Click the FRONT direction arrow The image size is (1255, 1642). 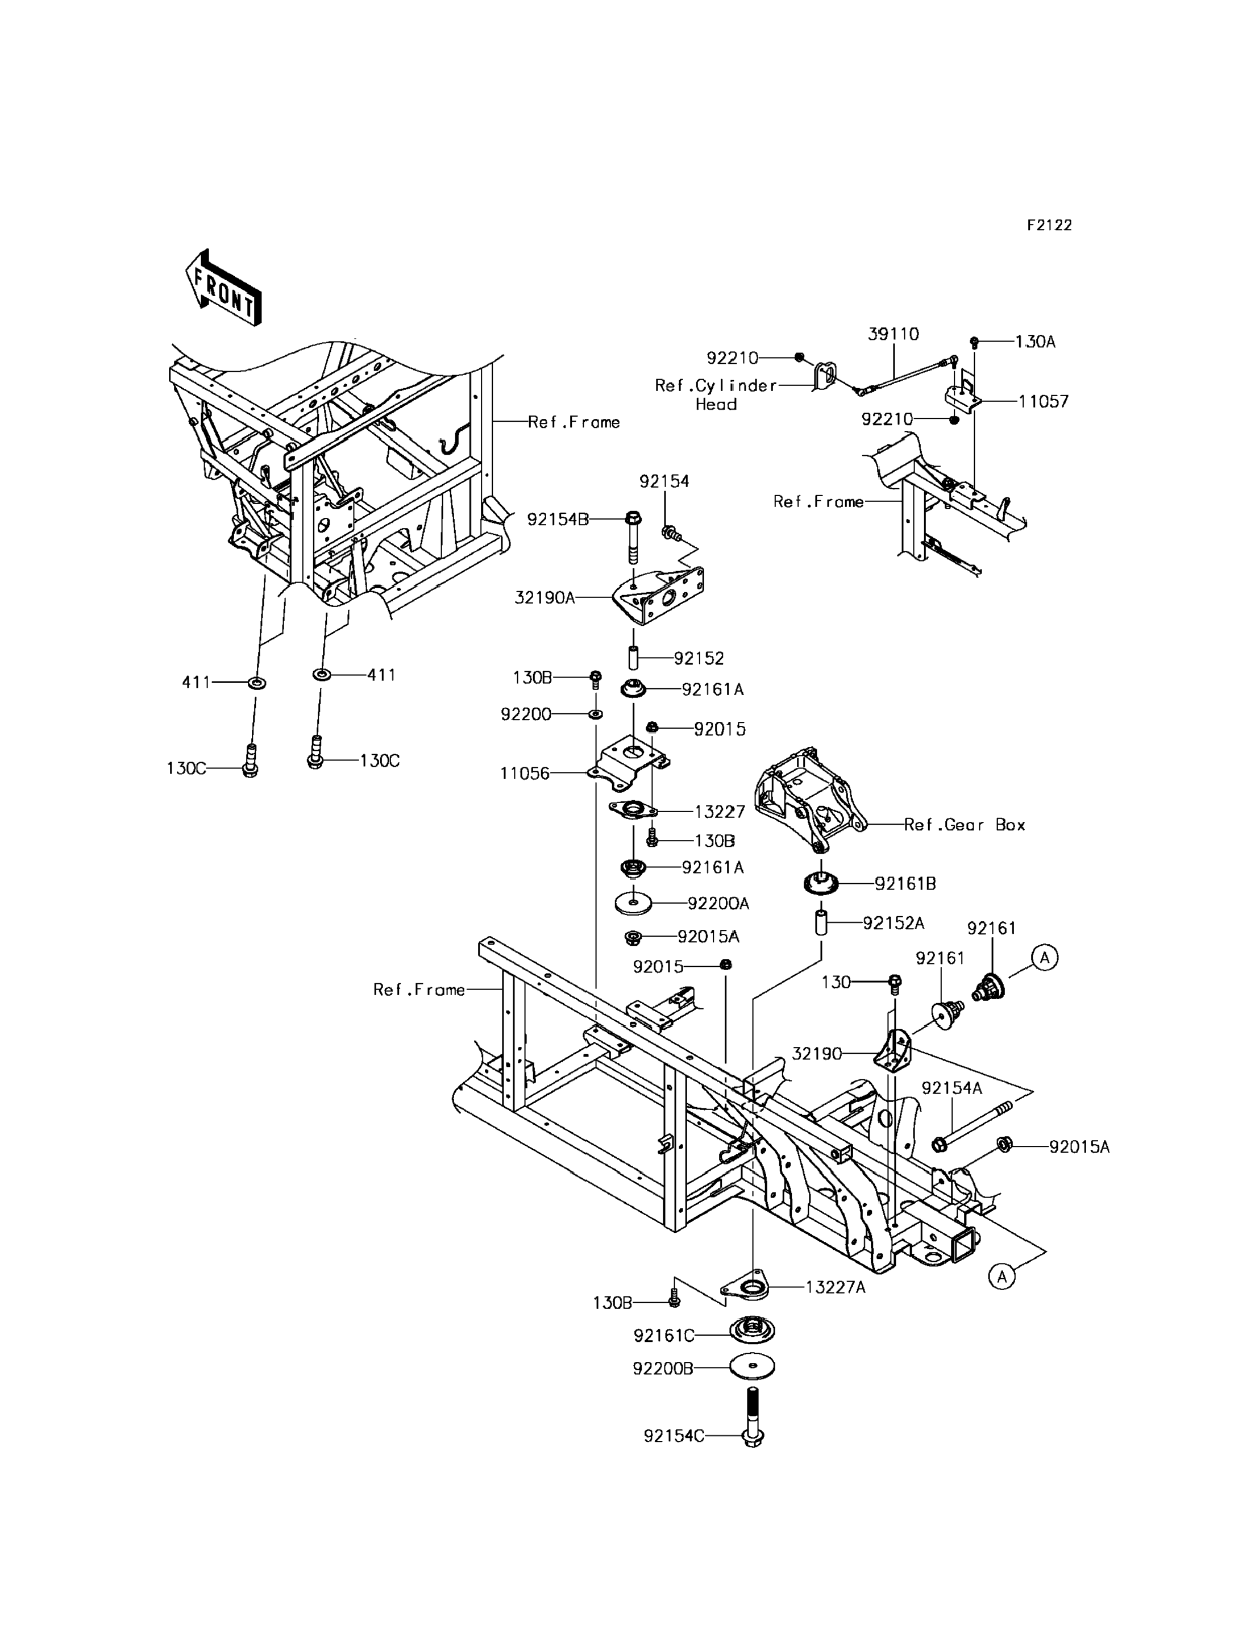(x=223, y=288)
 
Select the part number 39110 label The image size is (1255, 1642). (x=893, y=334)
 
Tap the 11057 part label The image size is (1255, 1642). (x=1044, y=401)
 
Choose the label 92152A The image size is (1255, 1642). (x=894, y=924)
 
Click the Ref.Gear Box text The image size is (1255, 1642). (x=965, y=825)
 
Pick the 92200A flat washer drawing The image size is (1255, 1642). (x=634, y=903)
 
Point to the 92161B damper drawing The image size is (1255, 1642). (x=821, y=884)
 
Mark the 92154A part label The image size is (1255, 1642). (x=951, y=1088)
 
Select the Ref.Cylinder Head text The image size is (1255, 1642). (x=716, y=394)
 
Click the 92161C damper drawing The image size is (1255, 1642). (x=752, y=1331)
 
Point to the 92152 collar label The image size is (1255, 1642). (x=699, y=658)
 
